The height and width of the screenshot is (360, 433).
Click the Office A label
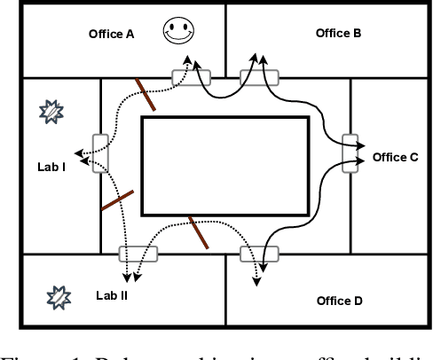point(112,35)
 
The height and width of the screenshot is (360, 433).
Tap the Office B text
point(339,33)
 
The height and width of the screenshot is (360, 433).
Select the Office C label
point(395,157)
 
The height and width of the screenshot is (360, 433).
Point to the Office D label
point(340,301)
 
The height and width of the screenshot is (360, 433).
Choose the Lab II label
point(112,294)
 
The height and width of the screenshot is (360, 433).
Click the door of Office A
point(192,78)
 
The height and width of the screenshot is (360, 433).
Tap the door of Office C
point(352,154)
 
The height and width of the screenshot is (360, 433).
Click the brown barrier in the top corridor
point(146,96)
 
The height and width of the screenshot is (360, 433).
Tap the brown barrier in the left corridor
point(117,200)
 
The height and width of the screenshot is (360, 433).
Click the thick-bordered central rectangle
point(225,166)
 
